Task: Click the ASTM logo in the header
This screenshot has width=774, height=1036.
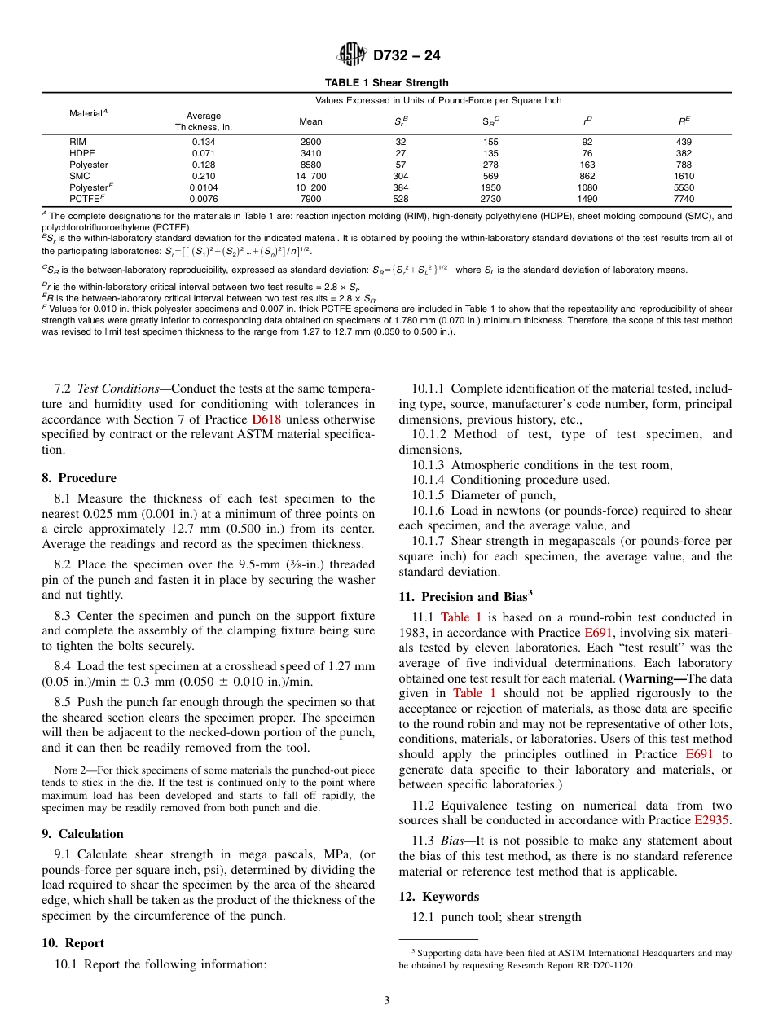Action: [x=352, y=56]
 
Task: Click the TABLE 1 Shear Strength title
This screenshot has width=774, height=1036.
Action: [x=386, y=83]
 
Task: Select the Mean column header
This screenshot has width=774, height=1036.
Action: [x=310, y=121]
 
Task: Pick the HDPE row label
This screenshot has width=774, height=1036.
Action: [x=81, y=152]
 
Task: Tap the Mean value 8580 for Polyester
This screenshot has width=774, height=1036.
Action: [x=310, y=164]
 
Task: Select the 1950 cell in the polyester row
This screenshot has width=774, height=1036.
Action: [x=492, y=187]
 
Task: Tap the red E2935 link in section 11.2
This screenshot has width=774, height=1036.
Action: [x=713, y=820]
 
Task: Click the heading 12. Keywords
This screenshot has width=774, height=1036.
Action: [x=438, y=897]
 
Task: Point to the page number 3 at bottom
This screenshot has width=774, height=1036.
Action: [x=386, y=1001]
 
